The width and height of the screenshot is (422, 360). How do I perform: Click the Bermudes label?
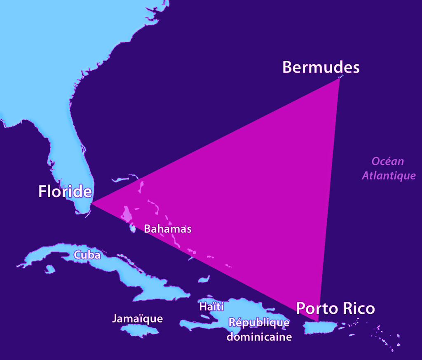[321, 67]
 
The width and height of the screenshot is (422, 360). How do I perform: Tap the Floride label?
[65, 191]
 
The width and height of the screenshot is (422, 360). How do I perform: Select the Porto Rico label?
[335, 308]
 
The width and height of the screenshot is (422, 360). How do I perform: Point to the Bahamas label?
[168, 229]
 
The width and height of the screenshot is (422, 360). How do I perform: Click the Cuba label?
[87, 255]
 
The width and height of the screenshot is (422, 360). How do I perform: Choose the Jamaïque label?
[137, 318]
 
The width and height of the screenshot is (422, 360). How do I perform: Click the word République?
[259, 322]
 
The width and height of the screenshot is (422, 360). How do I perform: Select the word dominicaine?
[259, 337]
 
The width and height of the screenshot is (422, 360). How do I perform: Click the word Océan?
[388, 161]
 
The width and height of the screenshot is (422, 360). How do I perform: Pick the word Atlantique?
[389, 175]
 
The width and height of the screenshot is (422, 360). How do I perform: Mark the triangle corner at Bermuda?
[339, 78]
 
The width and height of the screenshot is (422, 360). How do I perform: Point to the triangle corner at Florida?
[91, 203]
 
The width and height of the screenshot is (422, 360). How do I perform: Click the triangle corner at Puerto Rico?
[318, 321]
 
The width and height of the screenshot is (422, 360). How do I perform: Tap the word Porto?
[316, 308]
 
